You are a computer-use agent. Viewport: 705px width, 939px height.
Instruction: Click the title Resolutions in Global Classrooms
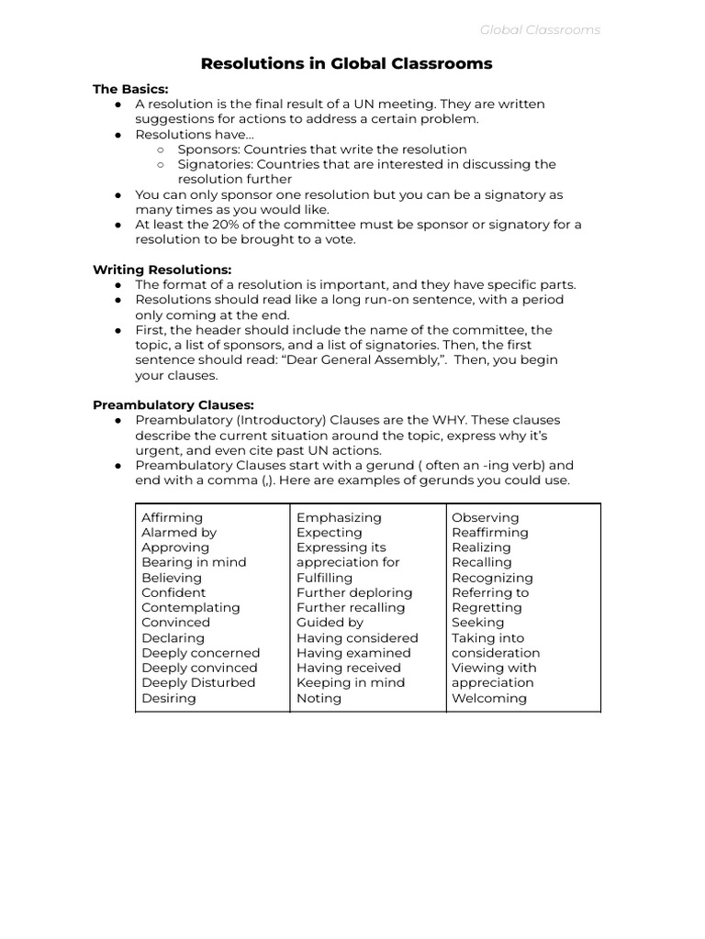346,63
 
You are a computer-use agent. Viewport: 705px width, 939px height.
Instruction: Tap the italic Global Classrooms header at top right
540,29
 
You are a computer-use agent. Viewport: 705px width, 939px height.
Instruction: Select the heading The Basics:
130,89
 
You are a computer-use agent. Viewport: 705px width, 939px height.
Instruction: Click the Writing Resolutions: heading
162,270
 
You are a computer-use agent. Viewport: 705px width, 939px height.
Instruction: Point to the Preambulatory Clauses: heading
173,404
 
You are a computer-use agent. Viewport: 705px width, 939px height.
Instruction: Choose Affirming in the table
172,517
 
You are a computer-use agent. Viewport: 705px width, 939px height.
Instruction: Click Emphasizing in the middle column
339,517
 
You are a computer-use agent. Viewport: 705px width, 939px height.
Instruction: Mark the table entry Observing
485,517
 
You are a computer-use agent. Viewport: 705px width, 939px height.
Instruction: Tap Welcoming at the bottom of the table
488,698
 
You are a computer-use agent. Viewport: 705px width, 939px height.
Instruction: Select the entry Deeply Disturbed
198,682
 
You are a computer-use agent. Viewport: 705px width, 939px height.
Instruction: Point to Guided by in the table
330,623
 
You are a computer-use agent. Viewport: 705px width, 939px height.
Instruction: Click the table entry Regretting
487,607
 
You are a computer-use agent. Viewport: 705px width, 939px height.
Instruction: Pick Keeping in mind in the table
350,682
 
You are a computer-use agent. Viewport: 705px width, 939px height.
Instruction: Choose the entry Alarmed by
179,532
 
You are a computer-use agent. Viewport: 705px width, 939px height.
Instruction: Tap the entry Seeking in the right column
477,623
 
